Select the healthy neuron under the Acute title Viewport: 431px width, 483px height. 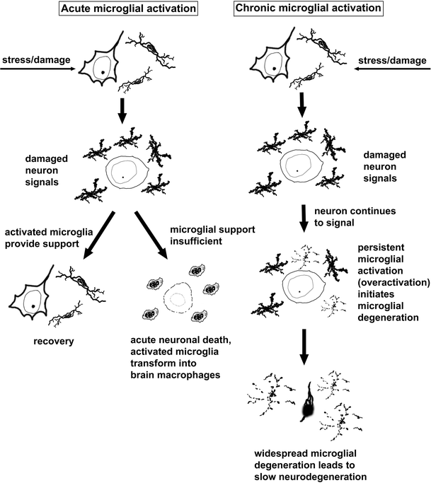pyautogui.click(x=103, y=64)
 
